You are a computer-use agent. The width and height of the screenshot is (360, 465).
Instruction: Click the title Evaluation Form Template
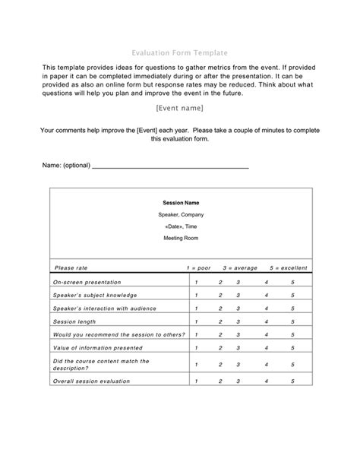tap(180, 52)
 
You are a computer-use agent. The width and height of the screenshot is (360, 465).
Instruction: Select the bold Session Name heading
tap(181, 203)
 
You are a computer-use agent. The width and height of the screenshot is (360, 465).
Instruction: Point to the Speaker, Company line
tap(181, 215)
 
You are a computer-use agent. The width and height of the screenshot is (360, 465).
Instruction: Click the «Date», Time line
tap(181, 226)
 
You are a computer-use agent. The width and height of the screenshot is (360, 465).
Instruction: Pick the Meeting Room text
tap(181, 239)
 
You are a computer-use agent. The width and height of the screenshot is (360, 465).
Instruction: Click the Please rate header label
tap(71, 267)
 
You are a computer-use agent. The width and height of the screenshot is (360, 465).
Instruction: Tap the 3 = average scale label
tap(240, 267)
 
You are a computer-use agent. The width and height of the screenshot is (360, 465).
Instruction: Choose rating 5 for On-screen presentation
tap(292, 282)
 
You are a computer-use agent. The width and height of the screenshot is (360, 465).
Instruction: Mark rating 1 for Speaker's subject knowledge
tap(196, 295)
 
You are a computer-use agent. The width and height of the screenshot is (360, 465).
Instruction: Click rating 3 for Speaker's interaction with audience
tap(238, 308)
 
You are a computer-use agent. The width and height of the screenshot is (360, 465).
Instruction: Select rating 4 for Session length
tap(267, 321)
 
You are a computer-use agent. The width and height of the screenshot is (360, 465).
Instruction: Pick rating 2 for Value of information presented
tap(220, 347)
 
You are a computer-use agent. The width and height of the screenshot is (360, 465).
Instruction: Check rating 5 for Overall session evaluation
tap(292, 381)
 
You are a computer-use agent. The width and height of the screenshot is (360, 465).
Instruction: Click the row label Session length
tap(75, 321)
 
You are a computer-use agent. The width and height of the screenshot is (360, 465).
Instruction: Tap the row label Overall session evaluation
tap(91, 381)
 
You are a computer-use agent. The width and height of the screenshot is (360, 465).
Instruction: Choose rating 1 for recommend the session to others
tap(196, 334)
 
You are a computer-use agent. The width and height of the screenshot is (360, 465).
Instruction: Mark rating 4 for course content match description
tap(267, 365)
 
